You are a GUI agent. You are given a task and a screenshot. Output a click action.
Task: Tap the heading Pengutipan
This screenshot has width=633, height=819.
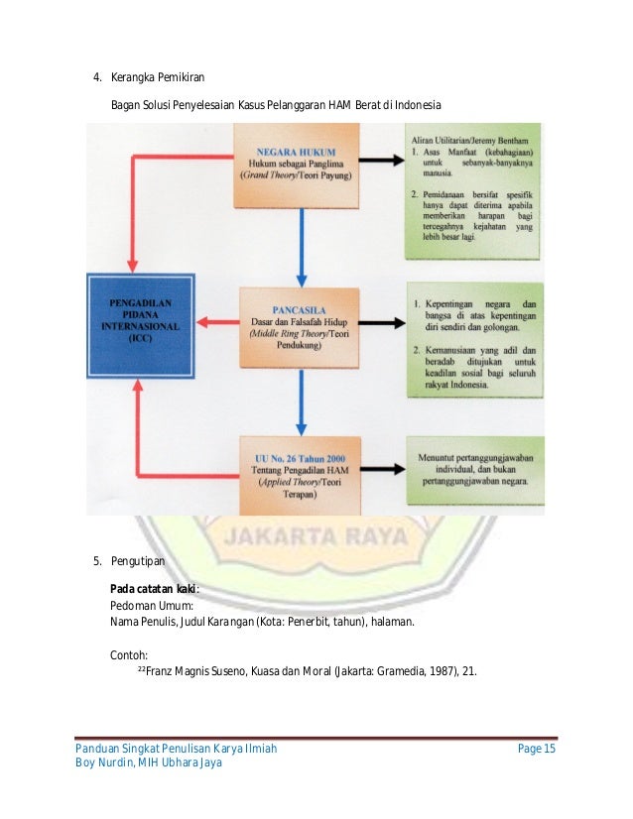click(140, 562)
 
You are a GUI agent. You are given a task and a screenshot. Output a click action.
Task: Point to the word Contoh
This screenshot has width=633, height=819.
click(129, 653)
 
